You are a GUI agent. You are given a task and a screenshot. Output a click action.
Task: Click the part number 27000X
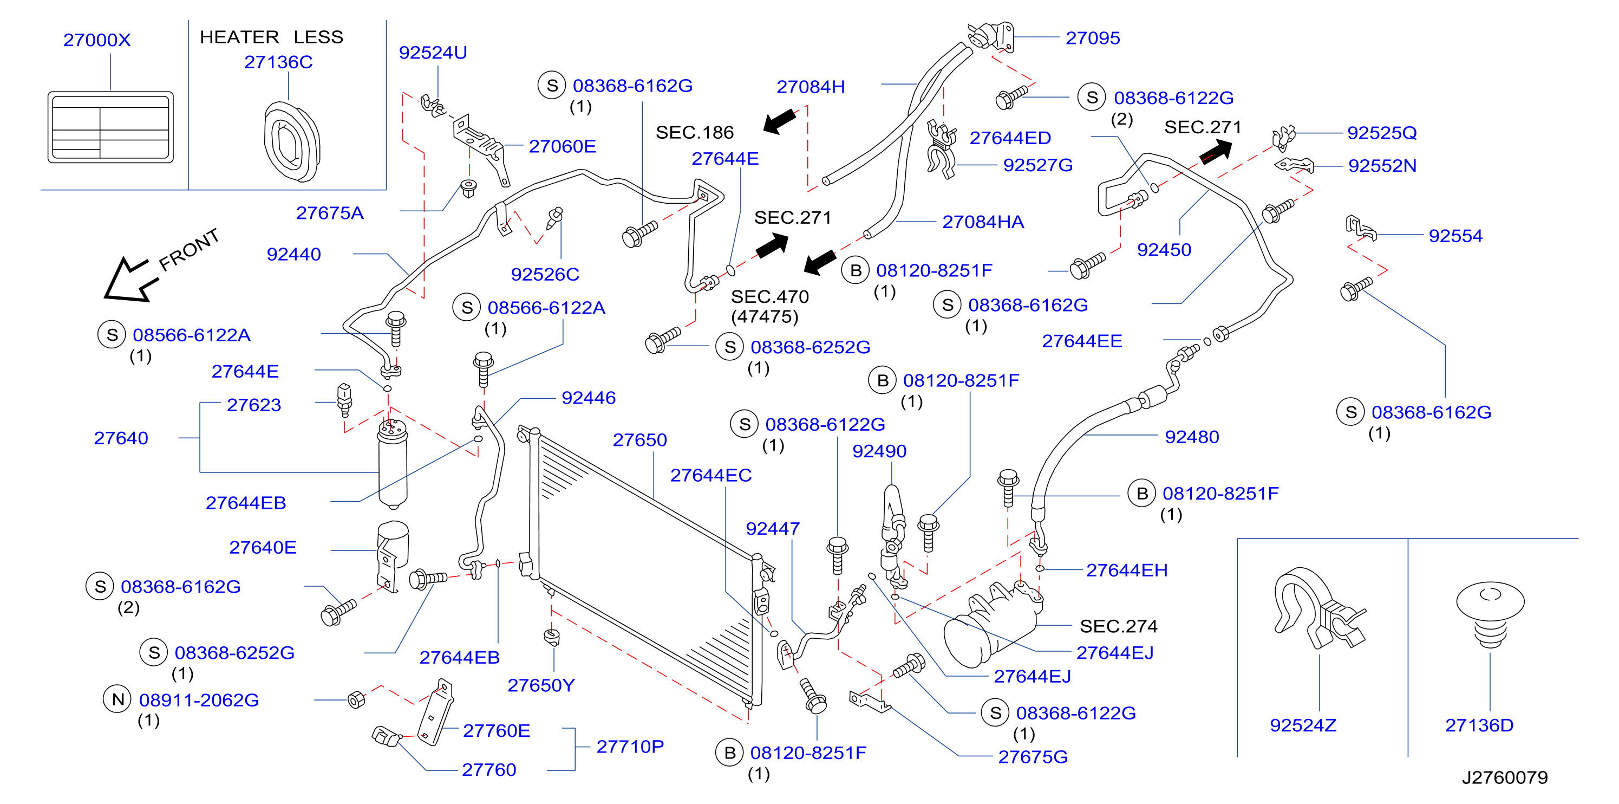(97, 40)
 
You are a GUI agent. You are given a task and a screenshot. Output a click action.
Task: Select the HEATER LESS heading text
(271, 37)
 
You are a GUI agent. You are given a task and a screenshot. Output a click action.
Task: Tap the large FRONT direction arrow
(129, 280)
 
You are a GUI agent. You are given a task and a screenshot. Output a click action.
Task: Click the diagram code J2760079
(1505, 777)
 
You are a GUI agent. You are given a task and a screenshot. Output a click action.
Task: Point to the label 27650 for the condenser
(640, 440)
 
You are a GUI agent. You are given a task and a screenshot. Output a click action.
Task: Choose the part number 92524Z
(1303, 725)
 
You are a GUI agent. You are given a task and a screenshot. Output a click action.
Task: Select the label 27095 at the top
(1093, 38)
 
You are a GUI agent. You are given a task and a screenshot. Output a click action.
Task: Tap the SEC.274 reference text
(1119, 626)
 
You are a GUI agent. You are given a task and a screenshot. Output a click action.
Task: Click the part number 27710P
(630, 747)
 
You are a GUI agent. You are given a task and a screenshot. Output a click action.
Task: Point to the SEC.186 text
(695, 133)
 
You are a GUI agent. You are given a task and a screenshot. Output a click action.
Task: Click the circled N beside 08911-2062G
(117, 699)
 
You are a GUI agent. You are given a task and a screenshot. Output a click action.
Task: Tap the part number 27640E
(263, 548)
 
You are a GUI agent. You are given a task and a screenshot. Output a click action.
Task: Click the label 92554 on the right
(1455, 236)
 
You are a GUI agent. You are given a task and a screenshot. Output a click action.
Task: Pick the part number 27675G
(1033, 757)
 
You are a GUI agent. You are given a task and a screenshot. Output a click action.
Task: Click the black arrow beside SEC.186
(780, 120)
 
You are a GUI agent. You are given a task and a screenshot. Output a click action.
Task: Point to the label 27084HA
(983, 222)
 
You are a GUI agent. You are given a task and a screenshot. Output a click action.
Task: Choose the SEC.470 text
(770, 297)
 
